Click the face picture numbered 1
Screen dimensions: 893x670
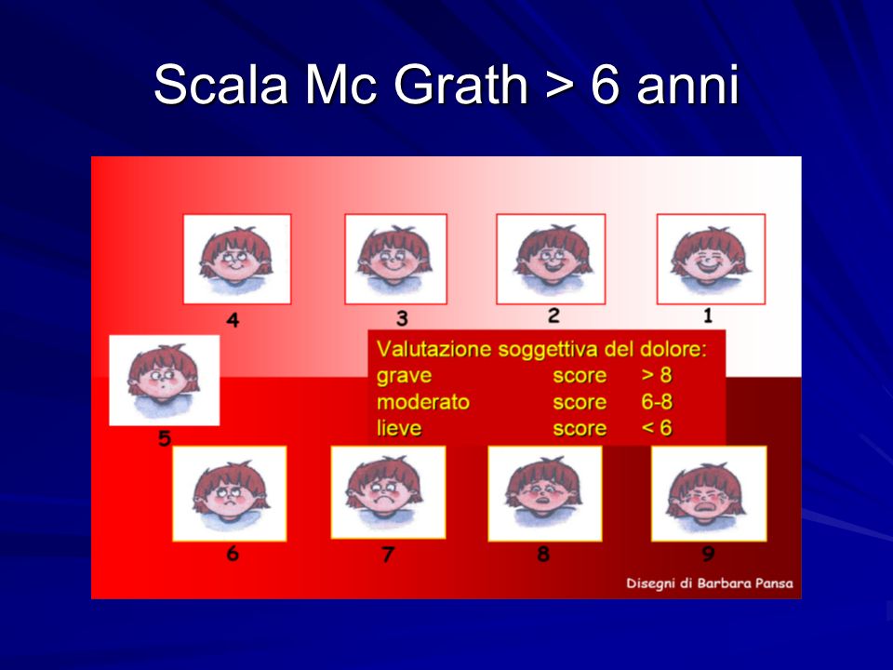point(711,260)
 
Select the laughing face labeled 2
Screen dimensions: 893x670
point(551,259)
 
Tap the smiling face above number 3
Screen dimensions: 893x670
point(396,260)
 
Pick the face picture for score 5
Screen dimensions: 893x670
point(164,380)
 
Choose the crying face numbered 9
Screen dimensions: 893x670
point(709,493)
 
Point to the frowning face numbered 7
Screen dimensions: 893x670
point(388,492)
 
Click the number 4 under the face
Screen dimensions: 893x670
point(233,320)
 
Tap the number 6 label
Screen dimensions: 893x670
point(233,553)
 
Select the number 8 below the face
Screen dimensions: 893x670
point(543,553)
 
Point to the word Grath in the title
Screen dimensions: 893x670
point(460,85)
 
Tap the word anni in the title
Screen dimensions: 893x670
point(688,86)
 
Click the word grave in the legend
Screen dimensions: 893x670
point(404,376)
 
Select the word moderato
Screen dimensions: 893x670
point(423,402)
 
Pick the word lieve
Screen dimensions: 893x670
point(399,428)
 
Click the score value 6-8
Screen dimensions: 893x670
point(657,402)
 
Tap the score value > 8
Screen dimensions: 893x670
point(657,375)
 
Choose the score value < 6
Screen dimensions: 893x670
point(657,428)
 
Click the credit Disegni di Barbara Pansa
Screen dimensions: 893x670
point(710,583)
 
